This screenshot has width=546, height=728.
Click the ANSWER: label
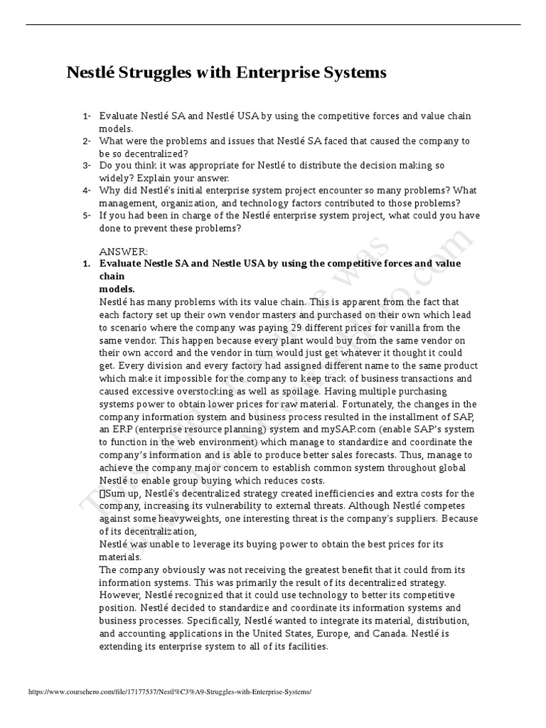coord(124,252)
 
